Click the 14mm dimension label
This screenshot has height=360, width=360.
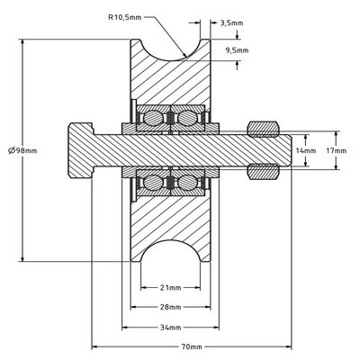pyautogui.click(x=307, y=150)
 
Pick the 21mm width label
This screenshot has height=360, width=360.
pyautogui.click(x=170, y=290)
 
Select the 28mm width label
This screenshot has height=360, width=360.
pyautogui.click(x=170, y=306)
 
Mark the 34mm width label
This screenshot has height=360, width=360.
pyautogui.click(x=170, y=325)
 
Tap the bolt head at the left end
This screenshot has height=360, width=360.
pyautogui.click(x=79, y=149)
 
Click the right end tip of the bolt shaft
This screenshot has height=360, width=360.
pyautogui.click(x=289, y=149)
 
